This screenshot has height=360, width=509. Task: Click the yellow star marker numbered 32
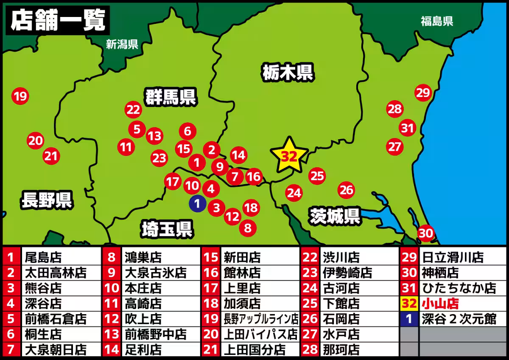coord(289,156)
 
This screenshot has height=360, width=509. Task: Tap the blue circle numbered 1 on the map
coord(197,203)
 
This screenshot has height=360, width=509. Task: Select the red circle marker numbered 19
coord(20,96)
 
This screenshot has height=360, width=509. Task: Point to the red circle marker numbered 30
coord(426,233)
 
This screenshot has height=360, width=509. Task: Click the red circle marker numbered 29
coord(423,93)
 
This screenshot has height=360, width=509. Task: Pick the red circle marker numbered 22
coord(133,110)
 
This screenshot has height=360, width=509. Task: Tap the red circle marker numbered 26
coord(347,190)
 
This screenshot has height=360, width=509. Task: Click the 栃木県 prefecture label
coord(287,72)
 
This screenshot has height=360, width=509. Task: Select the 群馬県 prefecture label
coord(171,97)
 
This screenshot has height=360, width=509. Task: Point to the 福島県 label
coord(437,21)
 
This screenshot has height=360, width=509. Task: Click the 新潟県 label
coord(122,44)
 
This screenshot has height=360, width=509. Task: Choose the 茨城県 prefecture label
coord(335,216)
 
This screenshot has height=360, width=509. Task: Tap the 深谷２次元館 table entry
coord(459,319)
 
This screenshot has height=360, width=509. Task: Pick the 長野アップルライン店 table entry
coord(261,319)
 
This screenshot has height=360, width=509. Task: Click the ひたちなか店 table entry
coord(459,288)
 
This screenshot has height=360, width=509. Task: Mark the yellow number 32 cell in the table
coord(409,304)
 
